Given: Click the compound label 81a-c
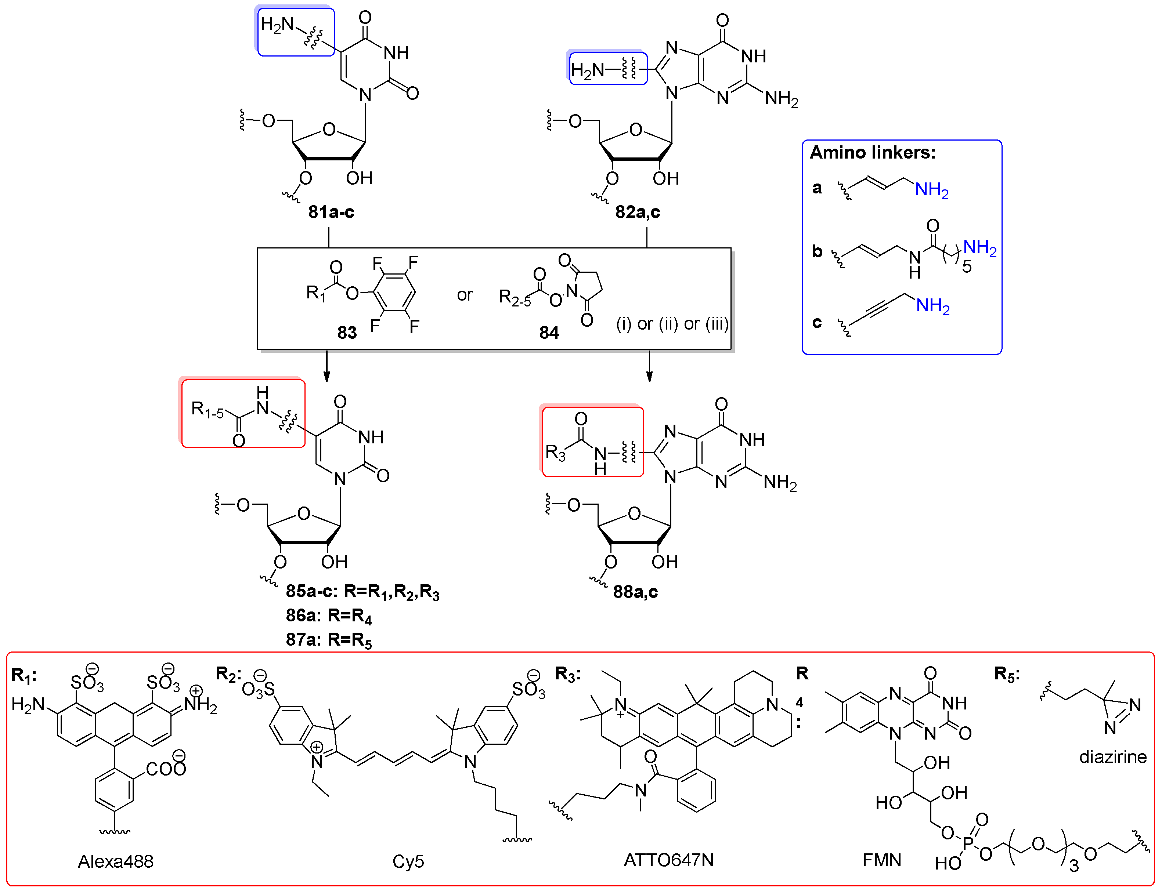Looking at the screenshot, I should click(x=331, y=212).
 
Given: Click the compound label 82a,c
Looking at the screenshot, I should click(x=637, y=212).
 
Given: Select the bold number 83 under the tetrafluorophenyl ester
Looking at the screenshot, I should click(x=347, y=333).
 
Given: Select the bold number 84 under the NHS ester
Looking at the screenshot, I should click(x=549, y=333).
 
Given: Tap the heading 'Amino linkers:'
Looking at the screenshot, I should click(x=872, y=153).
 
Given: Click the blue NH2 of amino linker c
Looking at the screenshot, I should click(x=932, y=306).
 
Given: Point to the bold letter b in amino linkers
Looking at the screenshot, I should click(x=817, y=251).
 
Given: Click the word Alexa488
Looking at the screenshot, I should click(x=115, y=861).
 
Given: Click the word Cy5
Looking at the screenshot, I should click(x=408, y=861).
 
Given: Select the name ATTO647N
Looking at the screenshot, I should click(x=668, y=860).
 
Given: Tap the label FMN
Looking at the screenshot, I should click(x=881, y=860).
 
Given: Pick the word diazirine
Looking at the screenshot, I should click(x=1112, y=757).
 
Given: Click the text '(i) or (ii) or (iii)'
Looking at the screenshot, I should click(x=672, y=324).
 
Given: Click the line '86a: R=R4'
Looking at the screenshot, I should click(x=328, y=616).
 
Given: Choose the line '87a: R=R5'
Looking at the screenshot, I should click(x=328, y=639).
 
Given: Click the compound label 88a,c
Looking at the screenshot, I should click(x=635, y=592).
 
